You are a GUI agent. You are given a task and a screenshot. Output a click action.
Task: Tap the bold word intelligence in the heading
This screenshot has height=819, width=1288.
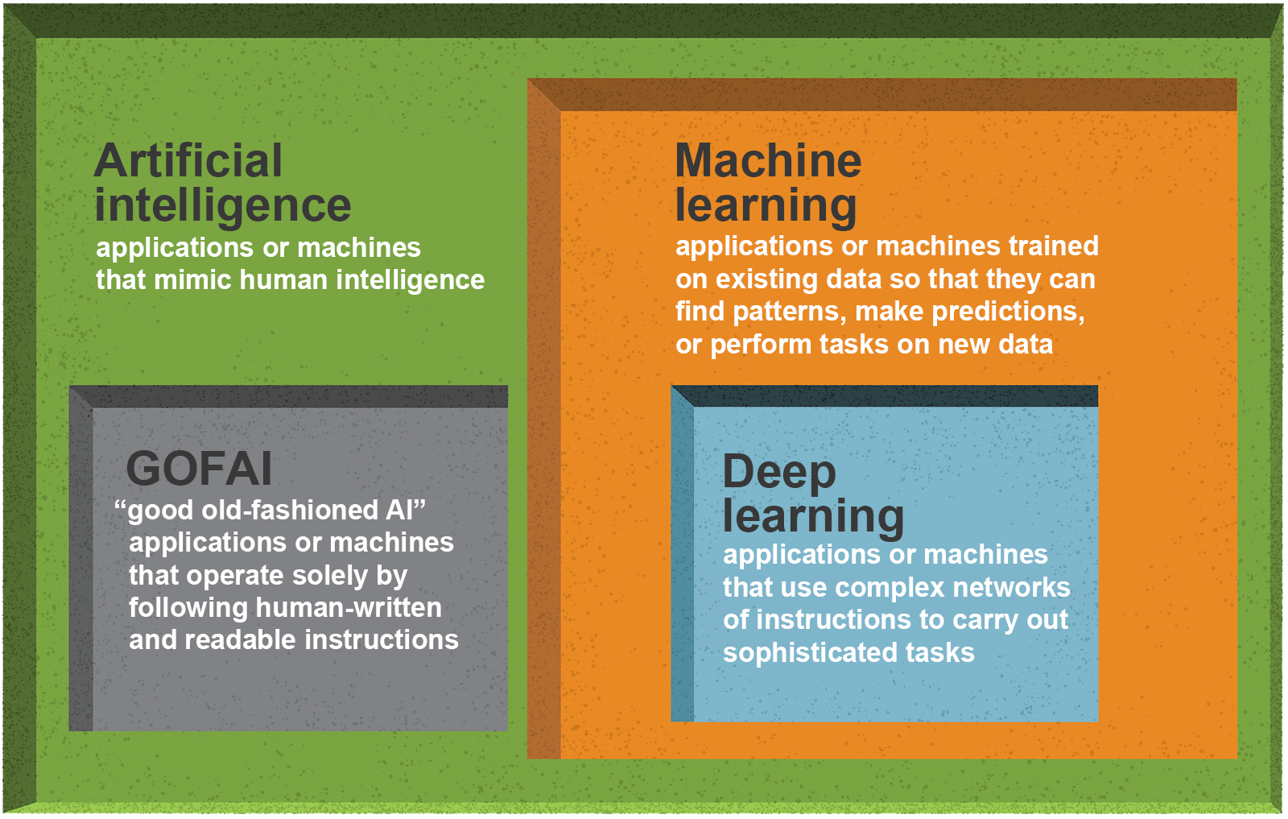pos(222,207)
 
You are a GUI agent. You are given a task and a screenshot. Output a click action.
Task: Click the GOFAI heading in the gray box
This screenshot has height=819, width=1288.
pos(198,469)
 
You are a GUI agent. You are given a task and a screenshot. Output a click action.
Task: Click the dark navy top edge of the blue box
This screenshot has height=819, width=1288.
pos(885,396)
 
